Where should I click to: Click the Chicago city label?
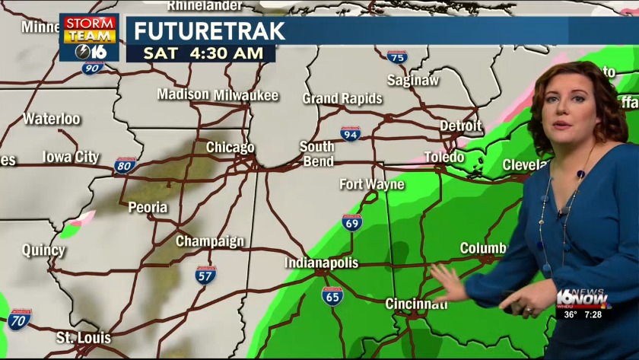(x=230, y=147)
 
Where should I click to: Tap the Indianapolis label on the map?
(x=321, y=263)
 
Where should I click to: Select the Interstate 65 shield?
(x=332, y=295)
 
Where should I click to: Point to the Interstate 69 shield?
(x=351, y=222)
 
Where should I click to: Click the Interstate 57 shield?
(x=205, y=275)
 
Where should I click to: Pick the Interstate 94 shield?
(x=350, y=134)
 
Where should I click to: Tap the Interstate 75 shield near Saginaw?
(x=396, y=56)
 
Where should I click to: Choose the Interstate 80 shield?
(x=125, y=165)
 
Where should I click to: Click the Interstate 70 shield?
(x=20, y=320)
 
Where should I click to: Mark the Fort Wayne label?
(x=371, y=184)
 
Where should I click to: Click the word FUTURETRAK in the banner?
(x=210, y=31)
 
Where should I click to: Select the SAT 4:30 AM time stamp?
(x=201, y=53)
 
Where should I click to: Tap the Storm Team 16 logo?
(x=89, y=37)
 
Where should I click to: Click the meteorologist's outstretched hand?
(x=448, y=282)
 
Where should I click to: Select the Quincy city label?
(x=43, y=250)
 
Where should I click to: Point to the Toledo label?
(x=443, y=157)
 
